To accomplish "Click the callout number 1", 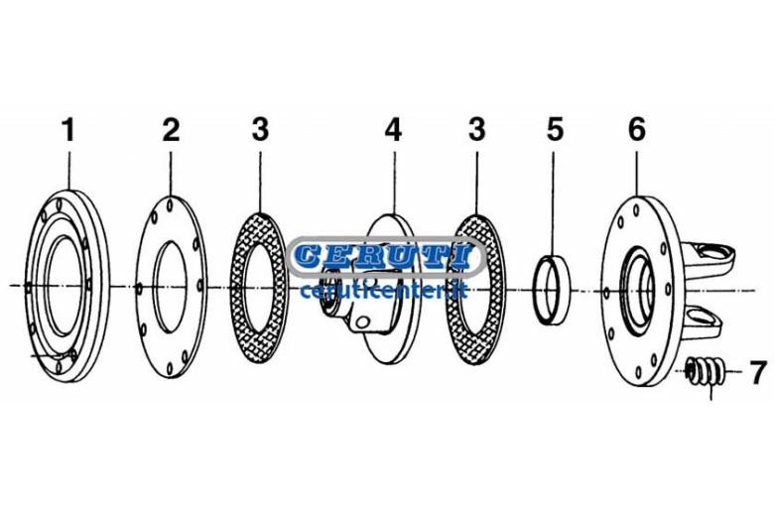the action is click(68, 129).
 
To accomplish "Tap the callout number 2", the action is click(171, 129).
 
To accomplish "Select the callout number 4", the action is click(393, 129).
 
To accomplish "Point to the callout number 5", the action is click(555, 129).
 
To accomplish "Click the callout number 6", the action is click(637, 129).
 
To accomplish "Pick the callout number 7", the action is click(759, 372).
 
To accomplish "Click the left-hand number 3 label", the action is click(260, 129).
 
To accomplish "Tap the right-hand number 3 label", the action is click(477, 129).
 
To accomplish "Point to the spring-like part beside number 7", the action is click(706, 371).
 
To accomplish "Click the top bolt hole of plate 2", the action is click(171, 204).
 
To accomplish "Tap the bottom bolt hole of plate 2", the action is click(170, 368).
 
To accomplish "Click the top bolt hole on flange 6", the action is click(636, 210).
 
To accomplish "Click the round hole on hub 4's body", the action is click(363, 322).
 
